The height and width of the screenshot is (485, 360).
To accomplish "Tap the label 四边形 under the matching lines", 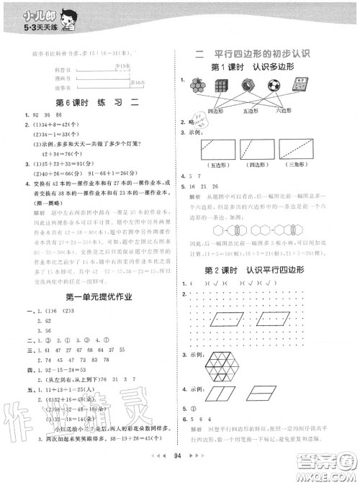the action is (x=216, y=111).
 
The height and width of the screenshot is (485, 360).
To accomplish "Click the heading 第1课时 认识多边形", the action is (x=260, y=66).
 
